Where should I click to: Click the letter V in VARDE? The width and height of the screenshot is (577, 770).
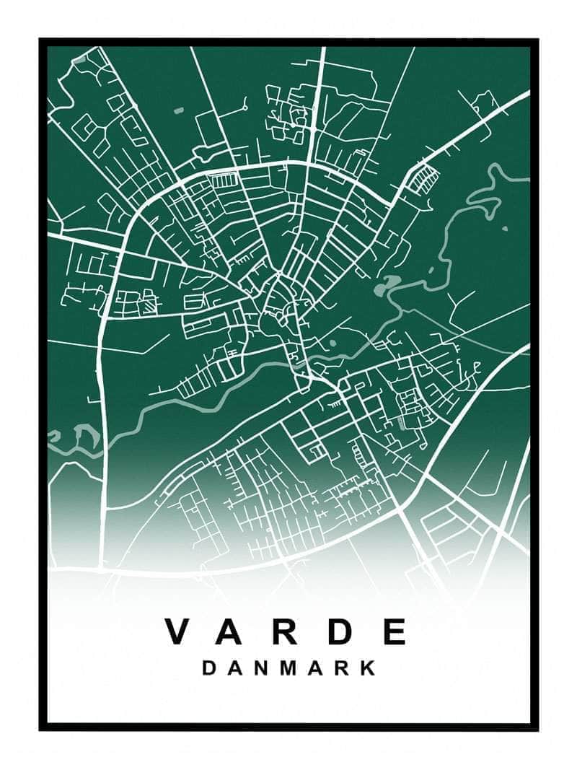point(180,631)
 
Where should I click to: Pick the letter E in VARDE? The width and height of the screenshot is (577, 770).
point(394,631)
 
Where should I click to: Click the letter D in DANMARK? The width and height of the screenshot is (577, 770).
point(208,668)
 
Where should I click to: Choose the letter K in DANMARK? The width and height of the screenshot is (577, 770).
point(369,668)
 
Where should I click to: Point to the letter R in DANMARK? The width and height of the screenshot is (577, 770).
point(345,668)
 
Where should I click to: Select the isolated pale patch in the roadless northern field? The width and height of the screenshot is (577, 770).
point(178,110)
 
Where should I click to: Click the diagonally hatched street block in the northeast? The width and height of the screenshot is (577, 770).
point(423,178)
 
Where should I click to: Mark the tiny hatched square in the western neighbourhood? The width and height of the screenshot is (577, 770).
point(149,305)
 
